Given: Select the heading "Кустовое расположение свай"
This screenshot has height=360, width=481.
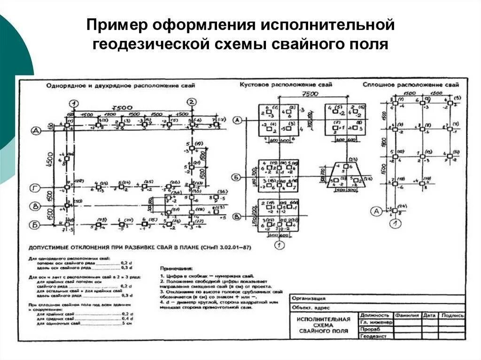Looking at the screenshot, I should click(286, 84).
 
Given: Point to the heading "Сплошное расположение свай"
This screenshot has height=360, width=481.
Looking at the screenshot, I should click(411, 85).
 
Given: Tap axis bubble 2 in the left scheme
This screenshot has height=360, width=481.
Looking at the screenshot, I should click(191, 102).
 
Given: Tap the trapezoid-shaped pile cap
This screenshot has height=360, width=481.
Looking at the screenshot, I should click(345, 176).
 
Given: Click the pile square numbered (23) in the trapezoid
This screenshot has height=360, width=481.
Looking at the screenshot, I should click(345, 167).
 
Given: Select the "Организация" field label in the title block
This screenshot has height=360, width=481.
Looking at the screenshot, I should click(308, 298).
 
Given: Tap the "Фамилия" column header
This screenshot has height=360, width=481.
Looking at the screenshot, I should click(407, 315).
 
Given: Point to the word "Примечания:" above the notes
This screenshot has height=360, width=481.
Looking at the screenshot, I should click(176, 268).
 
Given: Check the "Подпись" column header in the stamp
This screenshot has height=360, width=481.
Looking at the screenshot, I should click(452, 315).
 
